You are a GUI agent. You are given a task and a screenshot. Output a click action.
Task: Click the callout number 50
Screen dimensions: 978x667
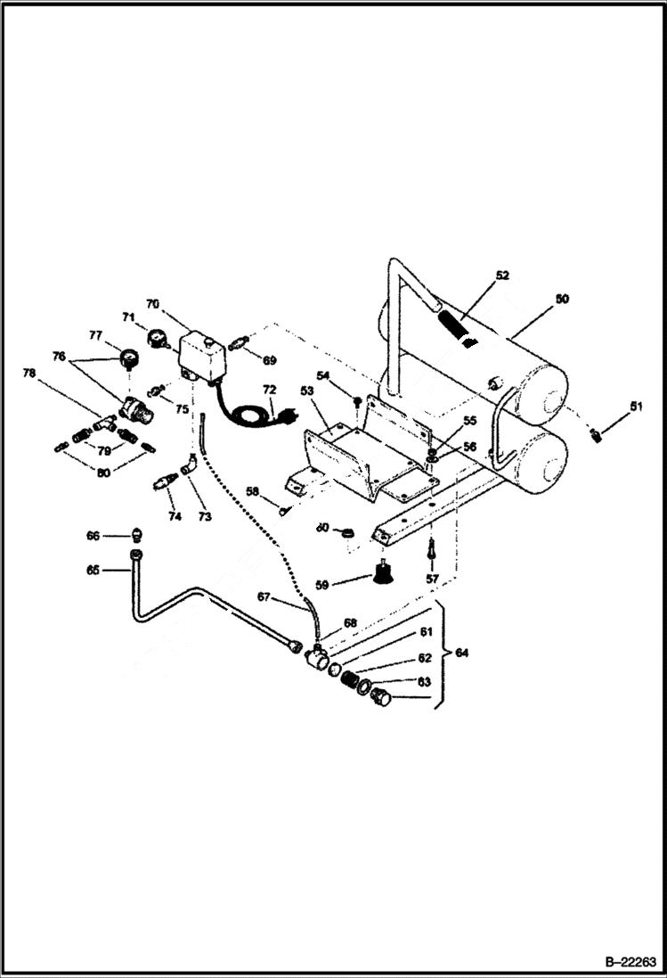click(x=561, y=300)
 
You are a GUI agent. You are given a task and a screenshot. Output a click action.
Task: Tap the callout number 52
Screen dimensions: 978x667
click(x=502, y=275)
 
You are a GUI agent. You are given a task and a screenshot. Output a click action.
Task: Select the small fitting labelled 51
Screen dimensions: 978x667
click(x=596, y=435)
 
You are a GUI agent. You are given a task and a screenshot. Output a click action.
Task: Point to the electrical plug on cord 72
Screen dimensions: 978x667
click(x=289, y=414)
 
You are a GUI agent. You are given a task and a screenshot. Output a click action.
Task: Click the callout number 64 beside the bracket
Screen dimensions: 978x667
click(x=460, y=653)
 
